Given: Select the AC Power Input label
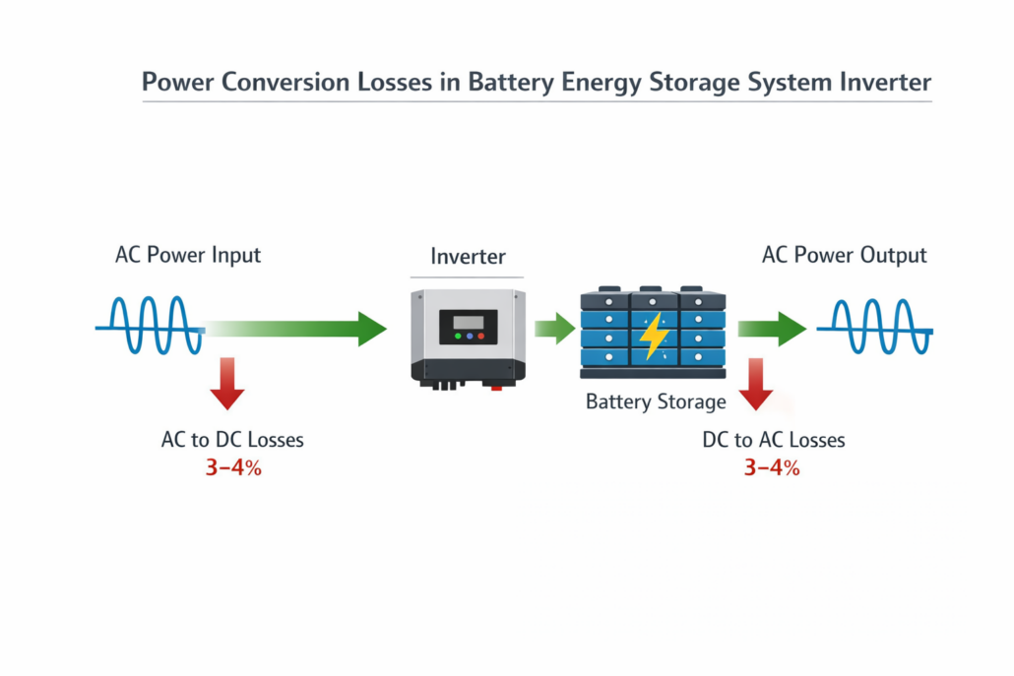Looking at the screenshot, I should click(x=188, y=255).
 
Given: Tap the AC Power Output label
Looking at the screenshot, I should click(x=844, y=255).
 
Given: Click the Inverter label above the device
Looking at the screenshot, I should click(x=468, y=257).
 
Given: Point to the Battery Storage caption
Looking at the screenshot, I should click(x=656, y=401).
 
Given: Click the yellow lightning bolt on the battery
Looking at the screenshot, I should click(x=654, y=336).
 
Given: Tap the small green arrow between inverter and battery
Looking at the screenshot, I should click(x=554, y=328).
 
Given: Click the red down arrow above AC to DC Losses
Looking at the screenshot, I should click(x=227, y=384).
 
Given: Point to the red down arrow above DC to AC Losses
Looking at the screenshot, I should click(x=756, y=384).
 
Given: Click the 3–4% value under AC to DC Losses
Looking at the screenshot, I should click(x=233, y=468).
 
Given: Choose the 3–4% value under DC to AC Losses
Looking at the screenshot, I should click(x=772, y=468).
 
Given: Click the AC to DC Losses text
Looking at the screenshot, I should click(x=232, y=440).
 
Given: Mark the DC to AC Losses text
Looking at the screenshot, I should click(x=773, y=440).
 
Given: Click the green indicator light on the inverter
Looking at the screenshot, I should click(x=456, y=338).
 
